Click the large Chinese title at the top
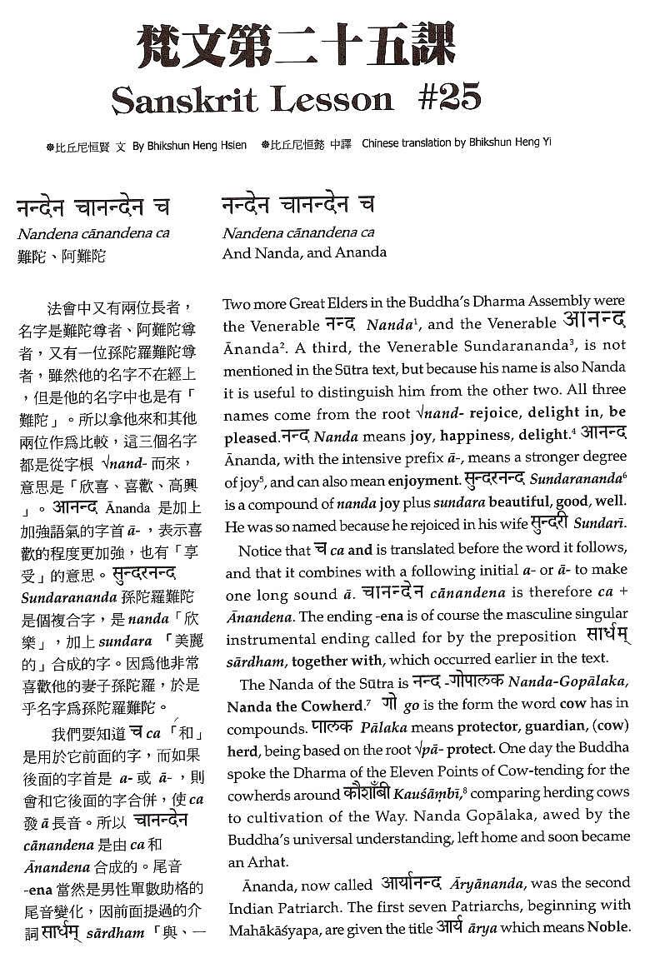(296, 45)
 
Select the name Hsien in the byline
(232, 145)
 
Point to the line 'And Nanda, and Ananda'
(304, 252)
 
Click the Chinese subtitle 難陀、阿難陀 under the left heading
(62, 256)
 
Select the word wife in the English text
(533, 526)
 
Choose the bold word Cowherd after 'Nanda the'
(337, 705)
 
